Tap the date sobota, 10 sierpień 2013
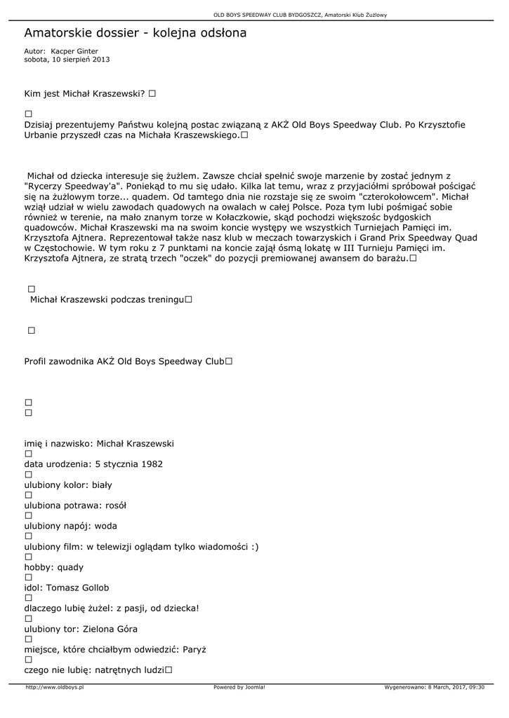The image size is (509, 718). pos(67,60)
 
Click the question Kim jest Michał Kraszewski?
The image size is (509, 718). pos(84,93)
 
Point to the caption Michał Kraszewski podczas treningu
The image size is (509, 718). pos(107,300)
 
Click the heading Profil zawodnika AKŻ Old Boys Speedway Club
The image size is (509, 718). pos(124,362)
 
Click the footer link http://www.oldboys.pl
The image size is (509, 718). pos(55,688)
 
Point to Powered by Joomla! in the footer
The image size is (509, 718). pos(239,688)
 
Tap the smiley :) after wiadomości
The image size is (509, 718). pos(253,546)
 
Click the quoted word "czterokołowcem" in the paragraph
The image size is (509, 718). pos(398,197)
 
